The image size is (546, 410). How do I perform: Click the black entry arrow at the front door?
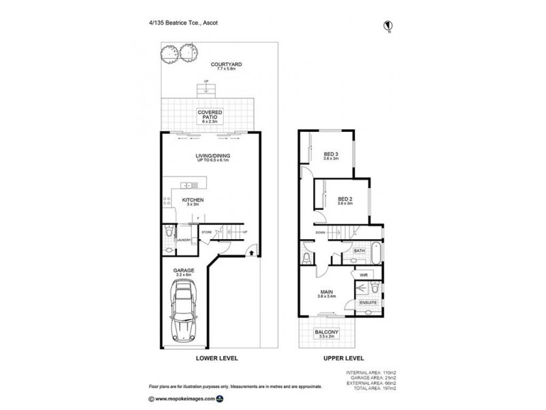click(253, 252)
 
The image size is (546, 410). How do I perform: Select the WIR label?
click(364, 274)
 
